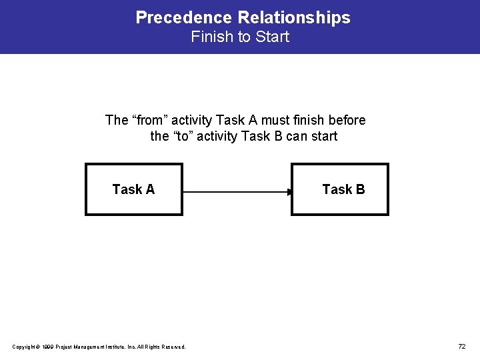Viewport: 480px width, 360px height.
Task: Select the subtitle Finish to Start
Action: [x=240, y=37]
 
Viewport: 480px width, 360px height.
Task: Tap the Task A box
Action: [x=133, y=189]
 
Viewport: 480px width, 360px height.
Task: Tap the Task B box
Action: [x=340, y=189]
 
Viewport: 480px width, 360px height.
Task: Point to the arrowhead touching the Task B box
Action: [x=289, y=193]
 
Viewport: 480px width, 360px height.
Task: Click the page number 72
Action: [x=462, y=346]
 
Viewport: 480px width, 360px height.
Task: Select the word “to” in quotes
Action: [x=184, y=137]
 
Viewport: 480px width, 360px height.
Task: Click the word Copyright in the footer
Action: [x=24, y=347]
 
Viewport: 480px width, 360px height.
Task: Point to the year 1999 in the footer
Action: [x=48, y=347]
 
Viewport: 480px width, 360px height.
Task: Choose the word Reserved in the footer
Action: [x=173, y=347]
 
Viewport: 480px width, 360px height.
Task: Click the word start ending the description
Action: [x=323, y=137]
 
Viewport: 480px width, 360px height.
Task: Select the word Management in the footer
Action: [x=85, y=347]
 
